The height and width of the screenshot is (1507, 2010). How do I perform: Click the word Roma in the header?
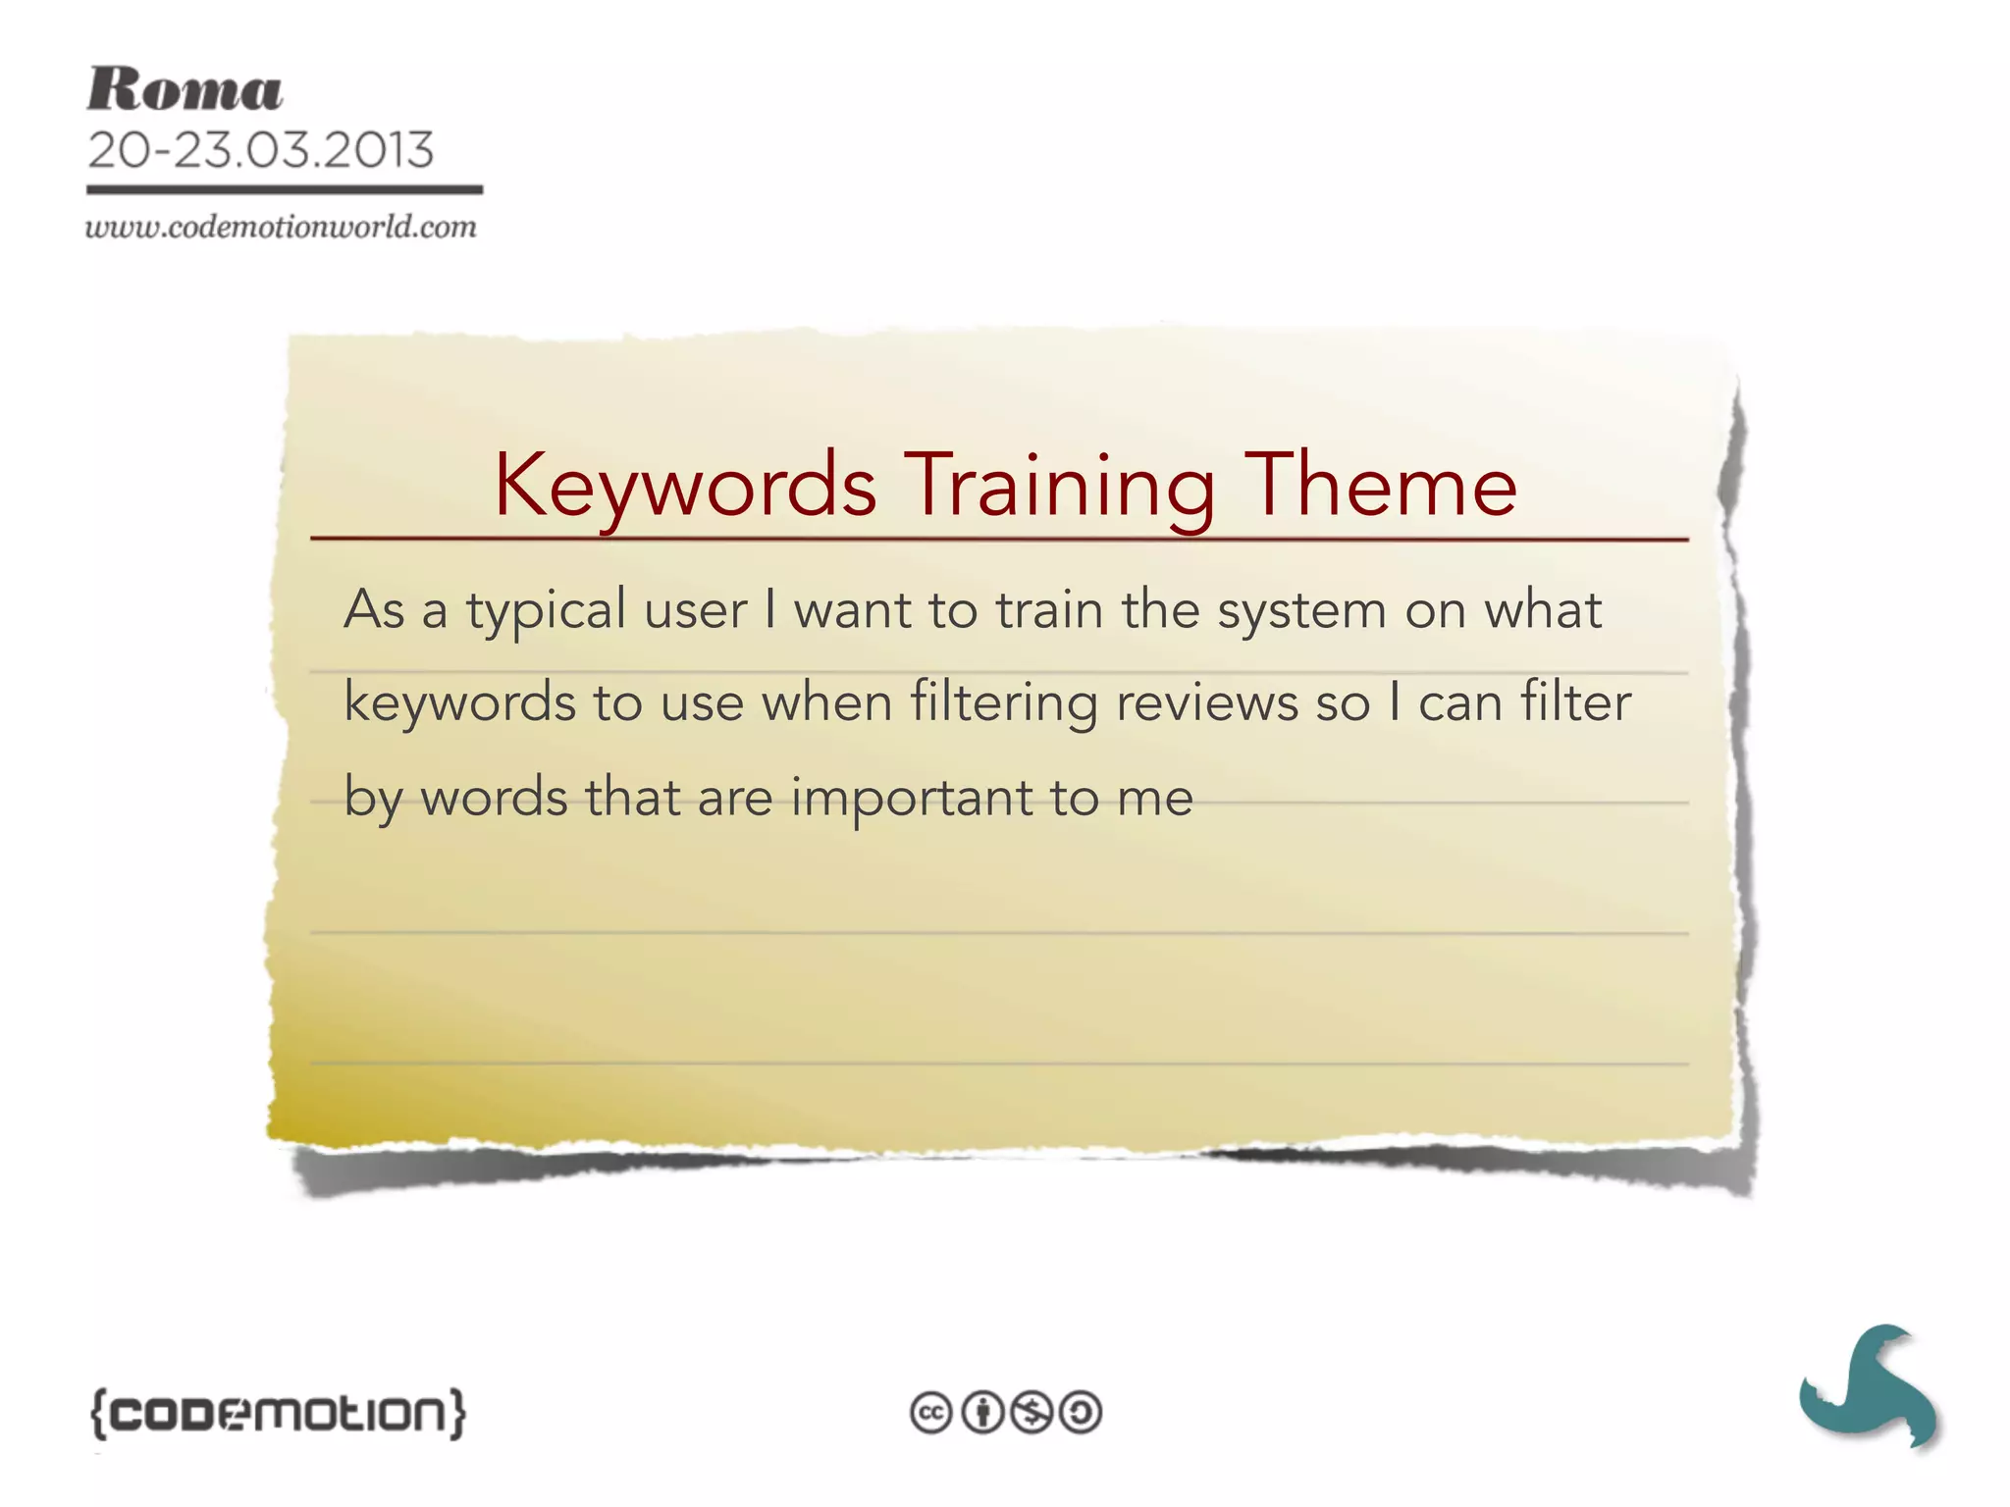(x=185, y=90)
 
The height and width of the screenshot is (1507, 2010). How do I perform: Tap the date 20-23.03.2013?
(x=260, y=150)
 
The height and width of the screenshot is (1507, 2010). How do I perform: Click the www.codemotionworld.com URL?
(x=281, y=228)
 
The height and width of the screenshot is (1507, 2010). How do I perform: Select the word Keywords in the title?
(x=685, y=486)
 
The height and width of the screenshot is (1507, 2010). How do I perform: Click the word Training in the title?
(x=1059, y=486)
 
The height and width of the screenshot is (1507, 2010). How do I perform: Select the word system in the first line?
(x=1301, y=611)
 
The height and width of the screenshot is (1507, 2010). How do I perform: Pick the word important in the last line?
(x=912, y=798)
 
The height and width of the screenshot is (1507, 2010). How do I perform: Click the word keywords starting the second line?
(x=459, y=703)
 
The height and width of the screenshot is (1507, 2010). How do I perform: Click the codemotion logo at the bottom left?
(x=278, y=1413)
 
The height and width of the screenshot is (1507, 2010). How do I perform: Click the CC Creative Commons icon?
(x=931, y=1413)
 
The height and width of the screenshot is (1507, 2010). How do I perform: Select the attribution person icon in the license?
(x=981, y=1413)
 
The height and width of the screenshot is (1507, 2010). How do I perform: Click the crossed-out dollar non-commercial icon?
(x=1031, y=1413)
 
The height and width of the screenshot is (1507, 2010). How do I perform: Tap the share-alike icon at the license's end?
(x=1082, y=1413)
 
